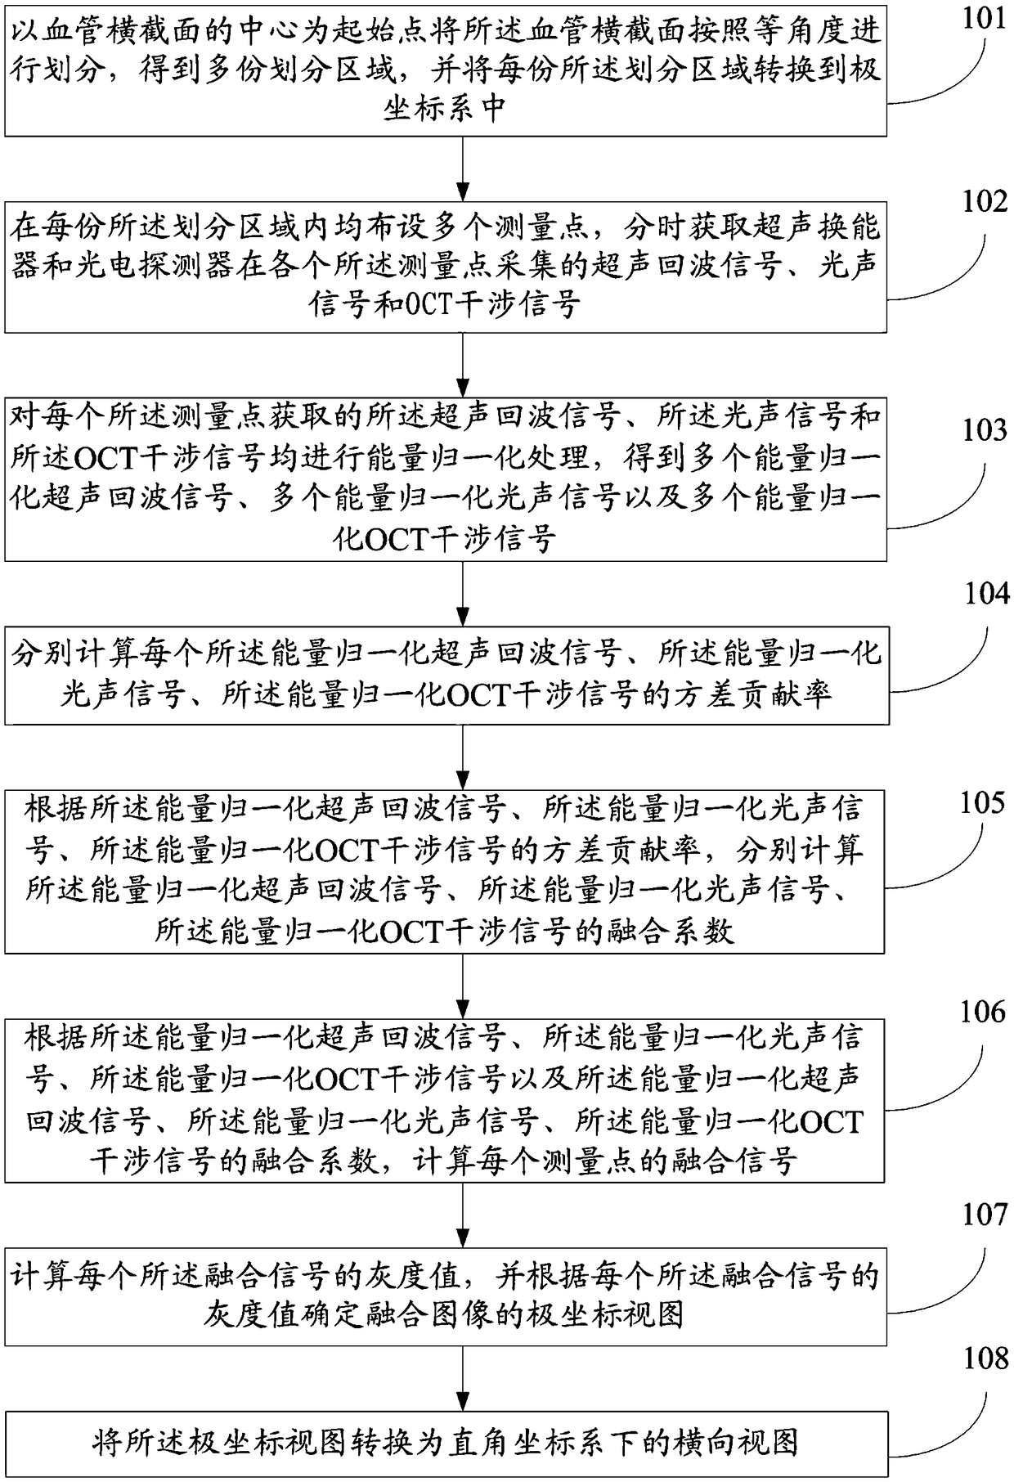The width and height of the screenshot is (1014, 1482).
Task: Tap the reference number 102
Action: [x=983, y=201]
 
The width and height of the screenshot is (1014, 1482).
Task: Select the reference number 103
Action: [x=983, y=429]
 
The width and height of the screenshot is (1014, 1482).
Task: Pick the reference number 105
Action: [x=981, y=803]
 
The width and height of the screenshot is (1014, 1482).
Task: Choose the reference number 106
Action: [x=981, y=1013]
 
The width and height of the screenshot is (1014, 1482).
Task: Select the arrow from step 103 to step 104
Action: [x=464, y=594]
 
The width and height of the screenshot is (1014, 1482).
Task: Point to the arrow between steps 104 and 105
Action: [x=464, y=757]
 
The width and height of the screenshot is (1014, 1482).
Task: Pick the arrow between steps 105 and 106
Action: [x=464, y=986]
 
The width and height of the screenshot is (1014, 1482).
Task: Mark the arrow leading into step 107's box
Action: [x=464, y=1215]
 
